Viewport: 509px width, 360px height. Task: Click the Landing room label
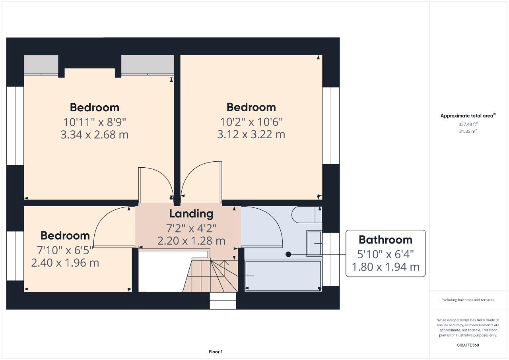[x=191, y=214]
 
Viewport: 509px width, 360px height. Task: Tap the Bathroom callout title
[x=385, y=240]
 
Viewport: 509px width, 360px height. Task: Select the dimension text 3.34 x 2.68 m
[x=94, y=135]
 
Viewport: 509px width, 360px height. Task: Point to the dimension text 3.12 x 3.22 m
[x=251, y=135]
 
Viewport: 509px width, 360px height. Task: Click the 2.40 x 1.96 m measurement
[x=65, y=263]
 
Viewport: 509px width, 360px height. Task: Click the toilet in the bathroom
[x=306, y=215]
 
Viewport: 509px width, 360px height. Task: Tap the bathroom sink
[x=314, y=243]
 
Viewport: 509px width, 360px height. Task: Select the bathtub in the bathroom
[x=283, y=276]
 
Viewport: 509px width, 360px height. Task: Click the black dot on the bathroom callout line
[x=289, y=254]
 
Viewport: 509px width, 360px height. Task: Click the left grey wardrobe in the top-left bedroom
[x=41, y=65]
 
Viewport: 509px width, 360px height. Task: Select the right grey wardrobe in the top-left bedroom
[x=147, y=65]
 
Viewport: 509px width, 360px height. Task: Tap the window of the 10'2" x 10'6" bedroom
[x=331, y=126]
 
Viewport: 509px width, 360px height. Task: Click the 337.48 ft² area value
[x=468, y=124]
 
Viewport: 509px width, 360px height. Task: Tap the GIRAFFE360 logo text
[x=468, y=345]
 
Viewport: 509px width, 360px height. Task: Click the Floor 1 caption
[x=216, y=352]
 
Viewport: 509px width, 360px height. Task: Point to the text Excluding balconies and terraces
[x=468, y=300]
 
